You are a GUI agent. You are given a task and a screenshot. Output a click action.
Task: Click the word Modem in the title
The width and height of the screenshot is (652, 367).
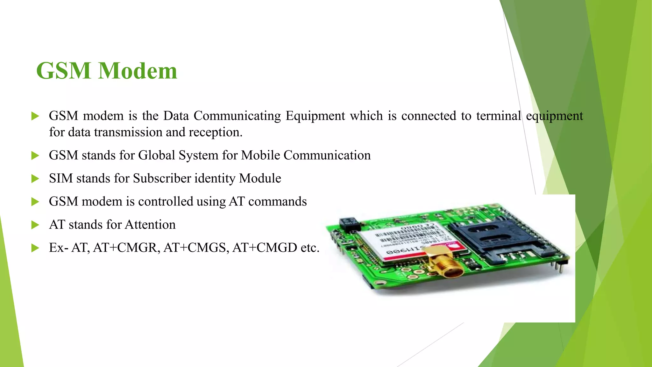138,71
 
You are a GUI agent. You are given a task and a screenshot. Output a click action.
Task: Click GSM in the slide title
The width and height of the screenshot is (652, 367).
64,71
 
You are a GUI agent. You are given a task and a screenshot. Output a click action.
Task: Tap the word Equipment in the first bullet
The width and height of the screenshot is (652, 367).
315,116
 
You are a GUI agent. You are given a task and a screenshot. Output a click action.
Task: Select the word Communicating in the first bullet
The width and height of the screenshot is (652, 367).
237,116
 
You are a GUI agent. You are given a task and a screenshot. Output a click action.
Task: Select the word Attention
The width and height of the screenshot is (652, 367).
150,225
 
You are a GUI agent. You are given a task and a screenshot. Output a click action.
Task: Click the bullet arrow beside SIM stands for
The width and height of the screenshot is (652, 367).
35,179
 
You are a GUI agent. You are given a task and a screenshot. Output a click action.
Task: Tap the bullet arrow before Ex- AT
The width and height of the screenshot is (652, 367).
35,248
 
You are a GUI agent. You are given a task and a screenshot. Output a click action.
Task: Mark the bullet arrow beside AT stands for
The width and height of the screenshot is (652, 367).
35,225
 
